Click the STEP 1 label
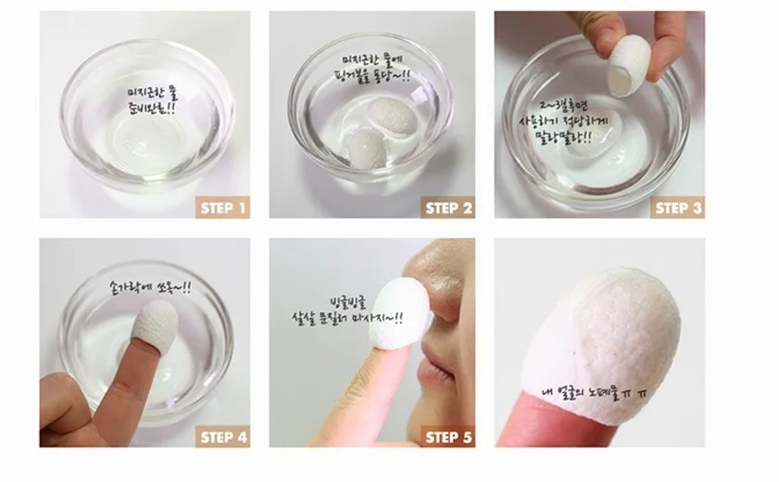pos(223,208)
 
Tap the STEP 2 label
pos(448,208)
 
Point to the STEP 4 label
pos(223,437)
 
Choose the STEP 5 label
pos(448,437)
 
